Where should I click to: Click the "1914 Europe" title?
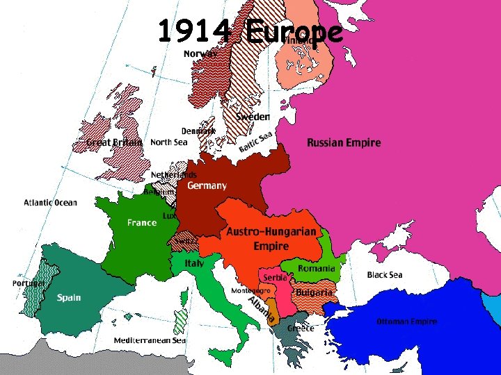[x=250, y=31]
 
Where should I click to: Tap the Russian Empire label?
[x=344, y=142]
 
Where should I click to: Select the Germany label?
[x=207, y=185]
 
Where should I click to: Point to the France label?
[x=142, y=223]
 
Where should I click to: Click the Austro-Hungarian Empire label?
[x=271, y=238]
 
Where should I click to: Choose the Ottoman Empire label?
[x=406, y=322]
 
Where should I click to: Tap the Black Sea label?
[x=385, y=275]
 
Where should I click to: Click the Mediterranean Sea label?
[x=150, y=341]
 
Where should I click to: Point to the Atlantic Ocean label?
[x=51, y=203]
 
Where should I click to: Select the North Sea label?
[x=169, y=142]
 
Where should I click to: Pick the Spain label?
[x=69, y=297]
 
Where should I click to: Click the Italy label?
[x=194, y=264]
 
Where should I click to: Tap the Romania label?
[x=317, y=269]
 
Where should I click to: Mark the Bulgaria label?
[x=315, y=292]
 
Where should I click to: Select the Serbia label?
[x=276, y=278]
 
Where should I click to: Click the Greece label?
[x=301, y=328]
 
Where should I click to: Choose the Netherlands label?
[x=174, y=175]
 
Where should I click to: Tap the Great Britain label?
[x=114, y=142]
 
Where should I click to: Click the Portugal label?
[x=29, y=283]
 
